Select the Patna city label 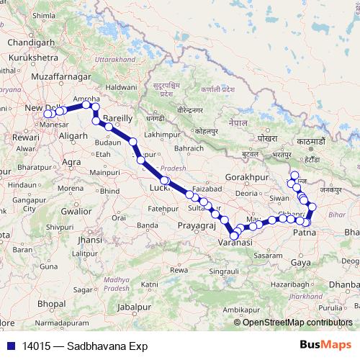(x=306, y=233)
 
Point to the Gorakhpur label (x=246, y=176)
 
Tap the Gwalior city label (x=76, y=212)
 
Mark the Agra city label (x=71, y=162)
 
